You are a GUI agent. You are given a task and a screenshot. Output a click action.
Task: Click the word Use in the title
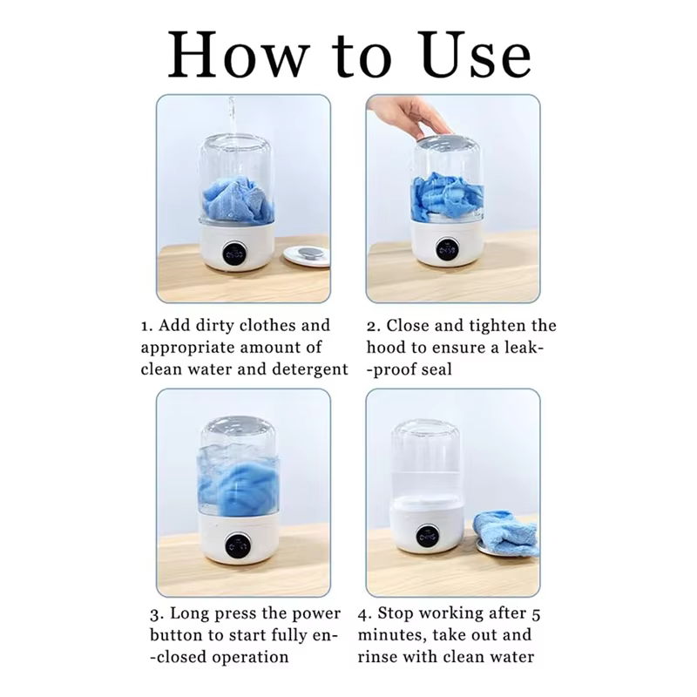coord(476,55)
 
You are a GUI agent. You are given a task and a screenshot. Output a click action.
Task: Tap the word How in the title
coord(238,55)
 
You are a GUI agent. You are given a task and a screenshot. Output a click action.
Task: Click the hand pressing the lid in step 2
coord(411,116)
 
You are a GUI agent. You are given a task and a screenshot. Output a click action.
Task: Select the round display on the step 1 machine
coord(234,254)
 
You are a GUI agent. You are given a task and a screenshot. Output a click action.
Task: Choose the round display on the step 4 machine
coord(428,537)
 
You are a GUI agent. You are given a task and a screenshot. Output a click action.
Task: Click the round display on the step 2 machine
coord(447,250)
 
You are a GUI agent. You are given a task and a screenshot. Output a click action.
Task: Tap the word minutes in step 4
coord(390,635)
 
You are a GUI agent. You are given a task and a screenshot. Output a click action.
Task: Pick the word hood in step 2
coord(386,348)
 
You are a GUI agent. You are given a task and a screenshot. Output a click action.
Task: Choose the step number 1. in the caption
coord(146,326)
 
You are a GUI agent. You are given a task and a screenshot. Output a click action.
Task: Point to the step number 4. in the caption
coord(364,614)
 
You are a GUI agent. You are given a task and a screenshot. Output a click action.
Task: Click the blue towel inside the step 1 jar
coord(237,198)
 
